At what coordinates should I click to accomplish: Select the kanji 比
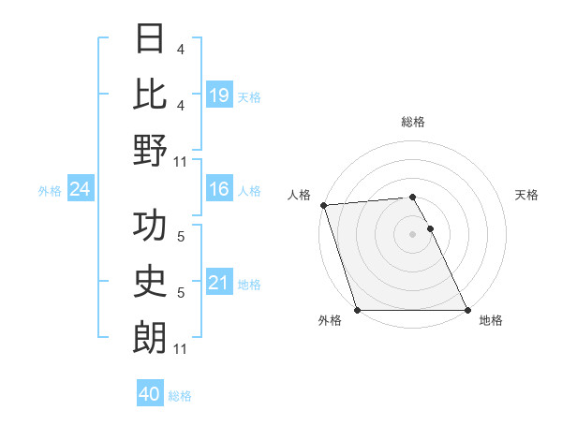[x=150, y=95]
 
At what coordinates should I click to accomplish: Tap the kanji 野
[x=150, y=151]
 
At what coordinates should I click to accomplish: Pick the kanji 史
[x=150, y=282]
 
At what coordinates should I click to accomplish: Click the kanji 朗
[x=150, y=338]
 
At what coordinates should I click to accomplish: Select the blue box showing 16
[x=219, y=190]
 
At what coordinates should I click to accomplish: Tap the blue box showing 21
[x=219, y=283]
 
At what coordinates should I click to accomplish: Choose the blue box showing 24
[x=81, y=190]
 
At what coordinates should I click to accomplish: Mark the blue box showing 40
[x=150, y=394]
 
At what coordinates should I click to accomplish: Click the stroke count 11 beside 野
[x=181, y=161]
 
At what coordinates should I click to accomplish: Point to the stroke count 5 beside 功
[x=181, y=237]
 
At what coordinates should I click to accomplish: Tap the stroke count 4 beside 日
[x=181, y=49]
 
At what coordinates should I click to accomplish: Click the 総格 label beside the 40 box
[x=180, y=396]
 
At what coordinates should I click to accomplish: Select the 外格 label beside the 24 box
[x=50, y=191]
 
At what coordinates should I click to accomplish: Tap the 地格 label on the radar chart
[x=490, y=320]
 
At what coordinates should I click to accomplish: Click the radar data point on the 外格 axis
[x=358, y=310]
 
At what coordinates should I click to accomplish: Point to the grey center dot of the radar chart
[x=412, y=234]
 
